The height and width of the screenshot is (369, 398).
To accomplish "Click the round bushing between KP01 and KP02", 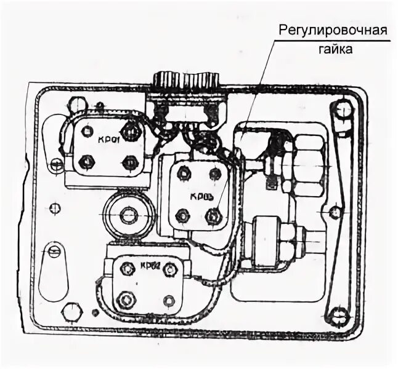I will pyautogui.click(x=128, y=215).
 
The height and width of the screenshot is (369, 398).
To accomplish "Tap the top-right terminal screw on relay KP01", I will pyautogui.click(x=129, y=130).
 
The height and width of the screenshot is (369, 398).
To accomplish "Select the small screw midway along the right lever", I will pyautogui.click(x=335, y=213).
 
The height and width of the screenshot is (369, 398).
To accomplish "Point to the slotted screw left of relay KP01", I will pyautogui.click(x=56, y=164).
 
